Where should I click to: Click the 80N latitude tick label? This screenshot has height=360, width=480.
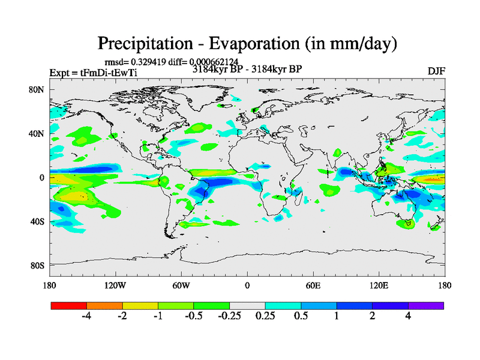pos(39,90)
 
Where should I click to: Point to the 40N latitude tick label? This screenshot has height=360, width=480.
pos(39,134)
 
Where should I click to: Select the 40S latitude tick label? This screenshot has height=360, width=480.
pos(39,221)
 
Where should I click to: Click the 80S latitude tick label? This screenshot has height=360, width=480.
pos(39,265)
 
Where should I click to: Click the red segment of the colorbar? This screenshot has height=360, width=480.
pos(69,305)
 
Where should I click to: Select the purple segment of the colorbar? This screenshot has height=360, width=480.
pos(426,305)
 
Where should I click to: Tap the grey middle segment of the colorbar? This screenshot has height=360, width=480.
pos(247,305)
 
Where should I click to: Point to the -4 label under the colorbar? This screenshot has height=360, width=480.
pos(86,316)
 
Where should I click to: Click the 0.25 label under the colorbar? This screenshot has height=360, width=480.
pos(265,316)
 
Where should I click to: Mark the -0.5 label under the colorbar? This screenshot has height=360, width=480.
pos(193,316)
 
